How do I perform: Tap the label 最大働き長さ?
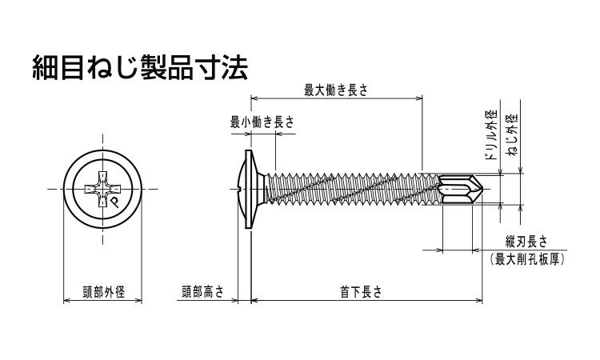point(336,90)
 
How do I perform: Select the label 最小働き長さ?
point(262,122)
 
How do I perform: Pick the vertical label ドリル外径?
point(491,133)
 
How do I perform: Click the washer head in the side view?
point(251,189)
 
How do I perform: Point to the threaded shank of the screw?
point(352,189)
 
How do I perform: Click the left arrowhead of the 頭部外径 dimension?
point(66,302)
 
